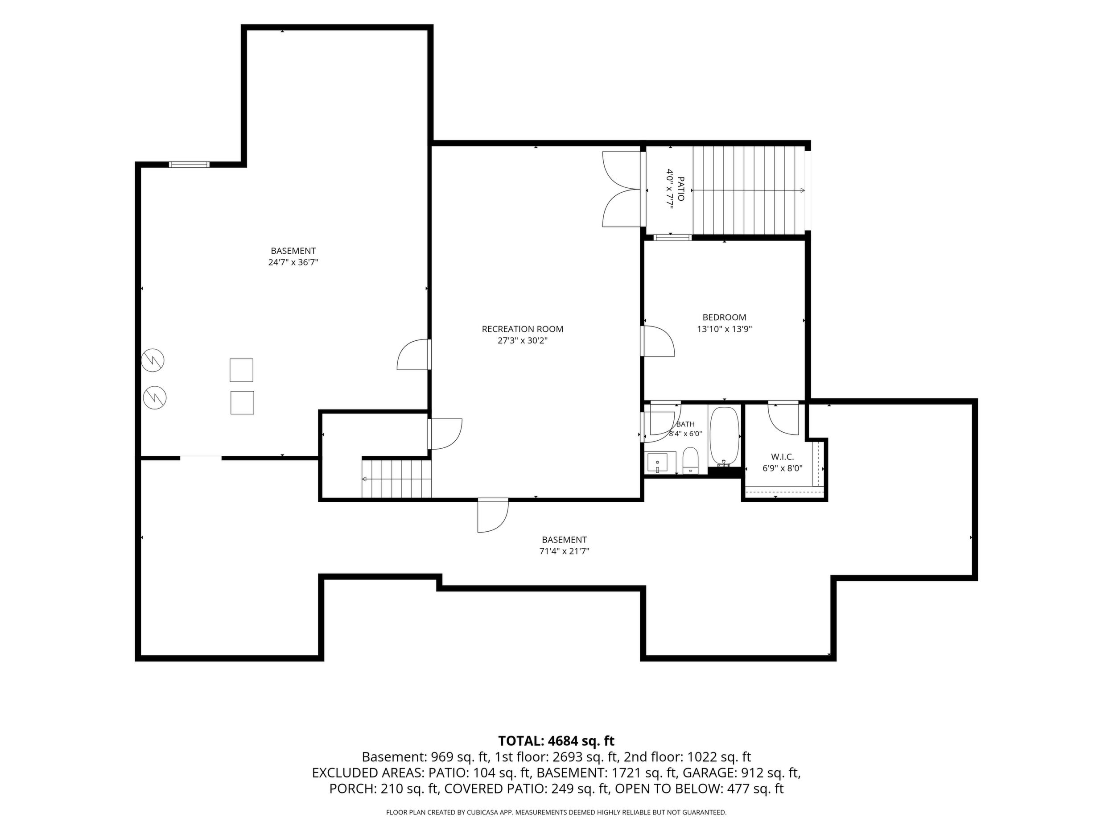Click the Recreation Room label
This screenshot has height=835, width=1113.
click(x=522, y=329)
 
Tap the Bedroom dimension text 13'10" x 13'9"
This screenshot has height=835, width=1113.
click(x=724, y=330)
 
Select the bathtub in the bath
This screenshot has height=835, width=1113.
click(x=724, y=437)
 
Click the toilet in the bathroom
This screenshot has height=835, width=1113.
click(x=690, y=460)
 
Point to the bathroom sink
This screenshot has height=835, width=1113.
click(x=657, y=463)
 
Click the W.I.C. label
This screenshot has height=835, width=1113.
click(x=783, y=457)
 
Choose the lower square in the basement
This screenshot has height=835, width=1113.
click(x=242, y=403)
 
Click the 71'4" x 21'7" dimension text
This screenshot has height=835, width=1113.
click(x=564, y=551)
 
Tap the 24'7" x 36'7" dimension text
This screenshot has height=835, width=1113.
click(x=293, y=262)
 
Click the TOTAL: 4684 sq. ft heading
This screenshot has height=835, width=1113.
click(x=556, y=741)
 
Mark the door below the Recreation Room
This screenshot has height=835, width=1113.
click(x=493, y=515)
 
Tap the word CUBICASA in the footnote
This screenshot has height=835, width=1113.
click(x=482, y=812)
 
